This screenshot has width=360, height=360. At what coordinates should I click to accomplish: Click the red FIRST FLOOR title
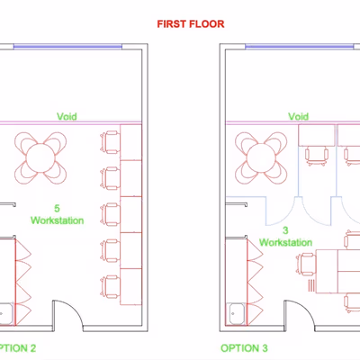click(191, 24)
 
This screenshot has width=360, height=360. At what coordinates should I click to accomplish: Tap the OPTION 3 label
click(244, 348)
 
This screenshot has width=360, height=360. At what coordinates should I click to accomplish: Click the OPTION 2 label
click(17, 348)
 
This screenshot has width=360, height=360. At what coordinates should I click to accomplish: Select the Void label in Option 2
click(67, 116)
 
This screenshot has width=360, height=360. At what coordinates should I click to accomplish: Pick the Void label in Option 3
click(298, 116)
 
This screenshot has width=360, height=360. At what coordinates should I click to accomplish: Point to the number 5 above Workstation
click(57, 208)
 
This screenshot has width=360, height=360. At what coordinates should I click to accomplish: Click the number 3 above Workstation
click(285, 230)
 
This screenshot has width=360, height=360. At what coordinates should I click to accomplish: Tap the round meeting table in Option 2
click(40, 158)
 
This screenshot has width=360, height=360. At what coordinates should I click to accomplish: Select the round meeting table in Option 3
click(261, 158)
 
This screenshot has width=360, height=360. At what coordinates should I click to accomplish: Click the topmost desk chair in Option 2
click(110, 142)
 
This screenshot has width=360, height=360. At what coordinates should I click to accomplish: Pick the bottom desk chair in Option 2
click(110, 287)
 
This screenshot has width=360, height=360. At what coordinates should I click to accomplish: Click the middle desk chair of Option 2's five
click(110, 214)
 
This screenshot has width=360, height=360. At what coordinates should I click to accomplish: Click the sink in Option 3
click(238, 314)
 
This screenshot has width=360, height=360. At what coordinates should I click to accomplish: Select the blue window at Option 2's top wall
click(67, 47)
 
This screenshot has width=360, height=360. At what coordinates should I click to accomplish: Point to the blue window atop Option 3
click(300, 47)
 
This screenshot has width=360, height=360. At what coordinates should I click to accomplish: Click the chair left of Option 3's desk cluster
click(306, 264)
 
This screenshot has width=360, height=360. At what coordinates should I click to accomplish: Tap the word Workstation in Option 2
click(57, 220)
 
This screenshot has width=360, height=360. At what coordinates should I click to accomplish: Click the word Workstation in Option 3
click(285, 242)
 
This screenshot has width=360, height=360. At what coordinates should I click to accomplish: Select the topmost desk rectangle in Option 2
click(130, 142)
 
